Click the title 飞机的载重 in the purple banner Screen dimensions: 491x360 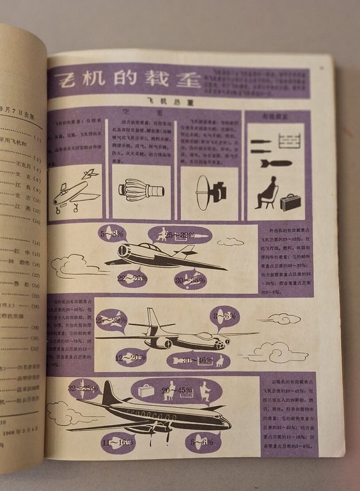coord(128,81)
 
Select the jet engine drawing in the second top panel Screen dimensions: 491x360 coord(141,189)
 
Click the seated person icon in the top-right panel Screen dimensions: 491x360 coord(267,192)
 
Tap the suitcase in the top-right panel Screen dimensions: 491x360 coord(290,201)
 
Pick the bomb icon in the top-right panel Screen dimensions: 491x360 coord(276,164)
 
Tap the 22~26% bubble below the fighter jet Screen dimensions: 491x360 coord(132,278)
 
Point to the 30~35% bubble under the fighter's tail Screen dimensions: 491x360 coord(190,279)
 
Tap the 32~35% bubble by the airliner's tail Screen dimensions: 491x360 coord(83,388)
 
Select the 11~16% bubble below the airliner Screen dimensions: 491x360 coord(118,440)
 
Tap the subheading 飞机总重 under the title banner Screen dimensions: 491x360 coord(157,101)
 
